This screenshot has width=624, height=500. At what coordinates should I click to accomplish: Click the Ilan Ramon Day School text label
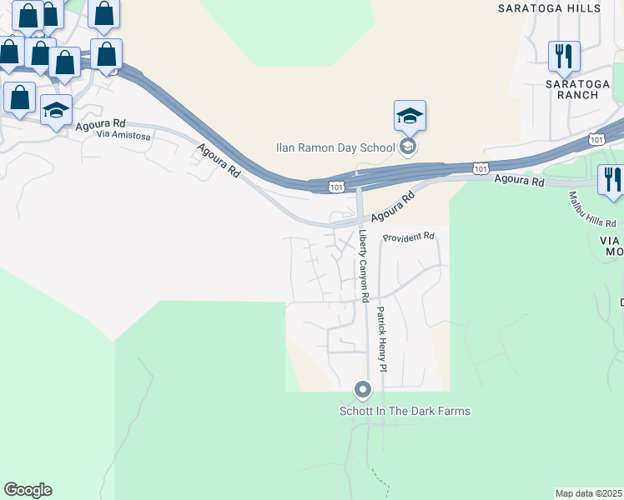[335, 147]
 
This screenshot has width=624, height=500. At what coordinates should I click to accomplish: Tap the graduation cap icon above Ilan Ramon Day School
[410, 116]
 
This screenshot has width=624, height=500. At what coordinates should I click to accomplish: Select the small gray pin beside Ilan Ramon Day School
[408, 147]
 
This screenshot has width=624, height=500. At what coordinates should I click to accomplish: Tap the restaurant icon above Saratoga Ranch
[564, 57]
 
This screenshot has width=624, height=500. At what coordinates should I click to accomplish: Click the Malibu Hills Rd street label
[592, 211]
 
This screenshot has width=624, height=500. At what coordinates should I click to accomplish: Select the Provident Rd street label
[409, 237]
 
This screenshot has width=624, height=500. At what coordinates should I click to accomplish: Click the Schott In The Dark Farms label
[405, 411]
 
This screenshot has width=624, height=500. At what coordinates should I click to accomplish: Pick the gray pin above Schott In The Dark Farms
[363, 389]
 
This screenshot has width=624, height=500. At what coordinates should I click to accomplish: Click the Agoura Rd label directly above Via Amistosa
[99, 125]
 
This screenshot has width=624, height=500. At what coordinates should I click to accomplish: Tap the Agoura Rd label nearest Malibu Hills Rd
[519, 180]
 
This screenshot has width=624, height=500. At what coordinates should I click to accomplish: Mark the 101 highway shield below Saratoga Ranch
[596, 138]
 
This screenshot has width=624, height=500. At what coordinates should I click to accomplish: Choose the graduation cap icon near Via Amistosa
[57, 110]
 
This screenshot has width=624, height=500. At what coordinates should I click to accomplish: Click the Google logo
[28, 490]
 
